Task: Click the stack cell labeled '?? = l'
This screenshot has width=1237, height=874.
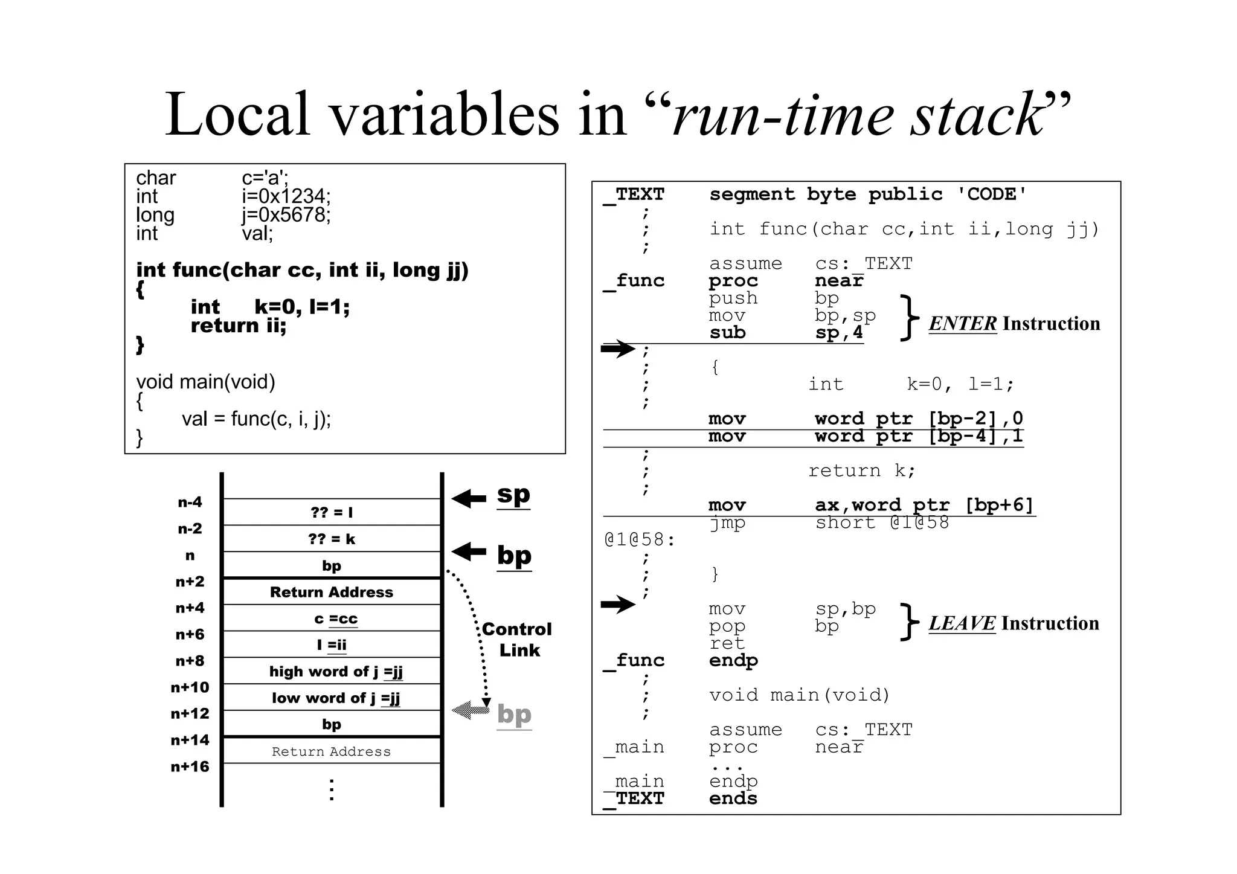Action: tap(332, 512)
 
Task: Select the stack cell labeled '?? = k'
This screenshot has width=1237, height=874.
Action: tap(332, 539)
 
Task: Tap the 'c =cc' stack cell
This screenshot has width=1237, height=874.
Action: tap(332, 619)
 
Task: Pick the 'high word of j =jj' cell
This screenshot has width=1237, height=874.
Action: tap(332, 671)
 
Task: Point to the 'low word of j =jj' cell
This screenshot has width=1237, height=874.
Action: tap(332, 698)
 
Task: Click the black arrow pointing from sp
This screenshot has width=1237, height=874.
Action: tap(469, 498)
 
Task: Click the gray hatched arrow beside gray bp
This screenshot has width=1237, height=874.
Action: tap(471, 710)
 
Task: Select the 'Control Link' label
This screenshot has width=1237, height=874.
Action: tap(517, 640)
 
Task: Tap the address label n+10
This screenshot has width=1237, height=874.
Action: tap(190, 687)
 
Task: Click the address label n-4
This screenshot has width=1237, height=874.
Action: tap(190, 503)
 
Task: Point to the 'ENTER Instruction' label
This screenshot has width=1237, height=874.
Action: tap(1014, 324)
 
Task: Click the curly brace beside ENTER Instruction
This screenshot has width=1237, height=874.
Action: tap(908, 318)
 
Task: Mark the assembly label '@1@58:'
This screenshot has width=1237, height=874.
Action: tap(640, 539)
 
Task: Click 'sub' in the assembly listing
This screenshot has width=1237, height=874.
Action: tap(727, 333)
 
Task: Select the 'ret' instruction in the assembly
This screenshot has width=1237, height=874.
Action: tap(727, 643)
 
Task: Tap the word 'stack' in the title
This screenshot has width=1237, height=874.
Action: tap(978, 115)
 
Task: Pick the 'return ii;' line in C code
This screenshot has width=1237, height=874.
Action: tap(239, 326)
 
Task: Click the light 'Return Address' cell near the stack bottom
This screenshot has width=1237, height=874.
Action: tap(332, 751)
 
